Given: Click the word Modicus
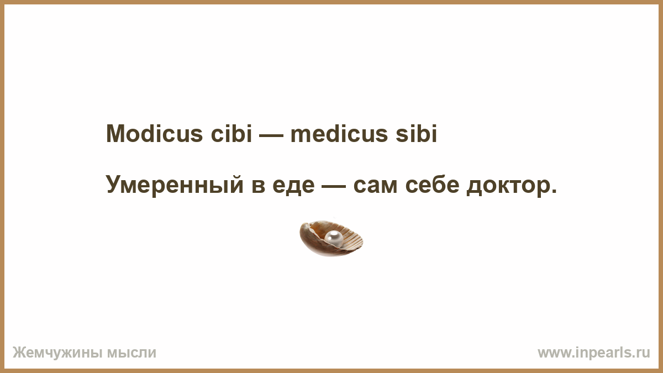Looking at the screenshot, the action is [x=154, y=133].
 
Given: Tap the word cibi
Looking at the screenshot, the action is [x=231, y=133].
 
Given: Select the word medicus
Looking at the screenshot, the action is [x=339, y=133].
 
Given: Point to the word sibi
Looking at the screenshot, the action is [x=416, y=133].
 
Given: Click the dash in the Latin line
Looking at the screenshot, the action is [x=271, y=135].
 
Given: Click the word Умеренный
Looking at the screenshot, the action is [x=175, y=185].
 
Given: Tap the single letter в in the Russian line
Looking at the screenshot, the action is [x=258, y=187].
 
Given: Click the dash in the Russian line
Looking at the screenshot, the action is [x=334, y=187].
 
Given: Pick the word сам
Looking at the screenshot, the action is [x=375, y=187].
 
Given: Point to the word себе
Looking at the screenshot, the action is [x=432, y=185].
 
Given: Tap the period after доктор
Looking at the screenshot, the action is [x=554, y=191].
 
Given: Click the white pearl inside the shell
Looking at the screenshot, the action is [x=334, y=238].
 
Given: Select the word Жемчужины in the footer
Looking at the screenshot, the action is [x=57, y=353].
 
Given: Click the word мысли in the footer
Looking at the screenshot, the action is [x=131, y=353].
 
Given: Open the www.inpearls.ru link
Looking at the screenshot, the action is [x=594, y=353].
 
